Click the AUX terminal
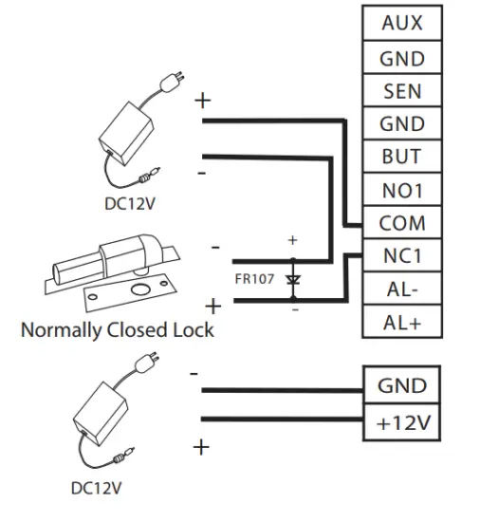coord(401,24)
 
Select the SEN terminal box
coord(401,91)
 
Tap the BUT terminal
coord(401,157)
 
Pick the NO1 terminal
coord(401,191)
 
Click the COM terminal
coord(401,224)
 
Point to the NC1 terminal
coord(401,256)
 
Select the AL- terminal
coord(401,289)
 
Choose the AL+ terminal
coord(401,322)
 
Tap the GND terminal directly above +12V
coord(403,386)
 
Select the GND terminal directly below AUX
coord(401,58)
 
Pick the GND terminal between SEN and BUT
coord(401,124)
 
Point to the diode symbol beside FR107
coord(292,281)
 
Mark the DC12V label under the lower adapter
coord(98,489)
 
